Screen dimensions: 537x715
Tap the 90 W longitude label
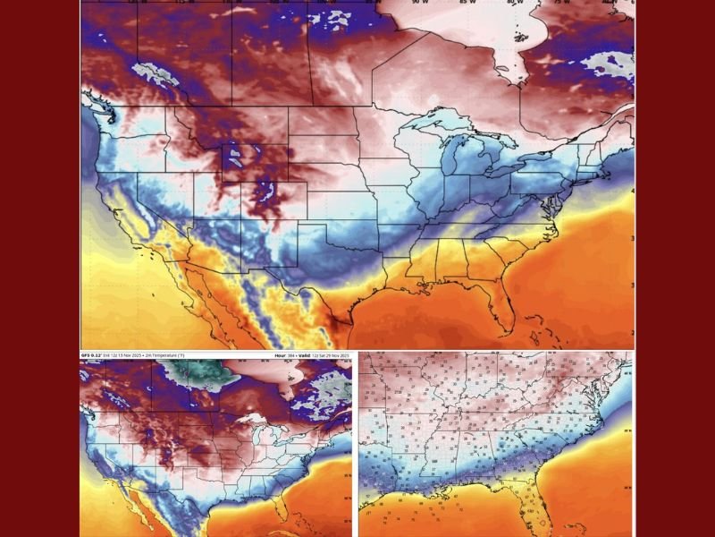click(x=416, y=3)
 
